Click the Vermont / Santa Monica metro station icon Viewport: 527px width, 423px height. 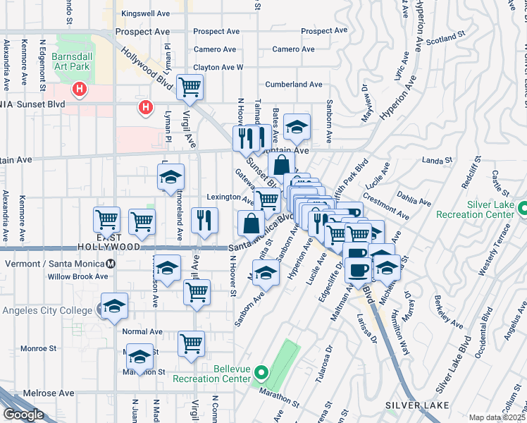point(111,264)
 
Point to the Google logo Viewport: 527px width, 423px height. point(23,415)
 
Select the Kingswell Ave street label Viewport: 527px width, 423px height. point(146,13)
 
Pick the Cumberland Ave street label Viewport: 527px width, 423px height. point(294,85)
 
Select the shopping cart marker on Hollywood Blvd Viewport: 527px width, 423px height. point(190,87)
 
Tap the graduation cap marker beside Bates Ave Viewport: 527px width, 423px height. point(297,127)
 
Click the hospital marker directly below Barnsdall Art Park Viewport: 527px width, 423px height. point(80,90)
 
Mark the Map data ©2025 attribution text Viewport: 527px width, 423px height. point(497,417)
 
